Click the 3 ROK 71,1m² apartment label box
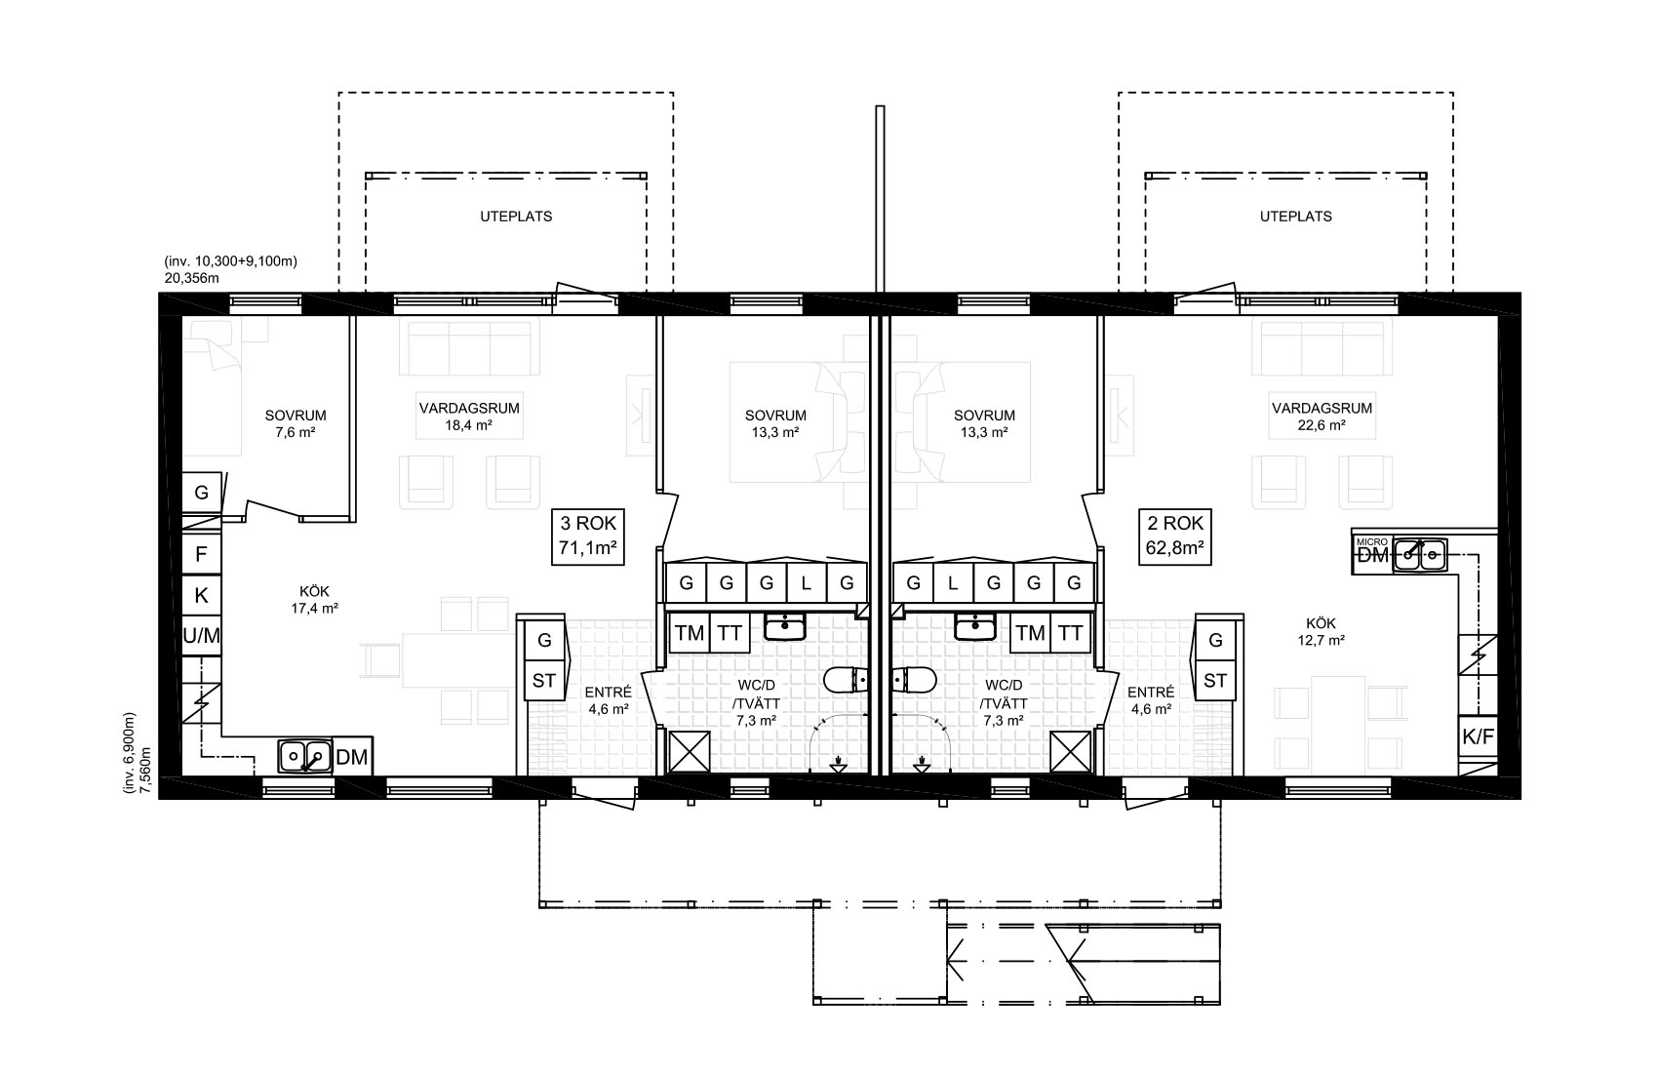(588, 536)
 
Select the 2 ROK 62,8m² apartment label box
(1174, 536)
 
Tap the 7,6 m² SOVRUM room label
(296, 424)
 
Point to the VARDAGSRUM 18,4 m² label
(469, 417)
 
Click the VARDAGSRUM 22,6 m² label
(1322, 417)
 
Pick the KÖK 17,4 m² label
(315, 601)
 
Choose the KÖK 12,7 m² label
(1322, 632)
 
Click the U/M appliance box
(201, 635)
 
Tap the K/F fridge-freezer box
(1479, 736)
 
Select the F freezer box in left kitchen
(201, 554)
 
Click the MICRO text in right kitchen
(1371, 542)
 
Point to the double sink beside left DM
(305, 756)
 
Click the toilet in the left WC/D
(846, 680)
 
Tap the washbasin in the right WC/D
(974, 627)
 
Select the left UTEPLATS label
(516, 217)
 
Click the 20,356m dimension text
(192, 278)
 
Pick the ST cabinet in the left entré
(544, 681)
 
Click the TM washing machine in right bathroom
(1030, 633)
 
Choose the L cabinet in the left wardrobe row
(806, 583)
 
